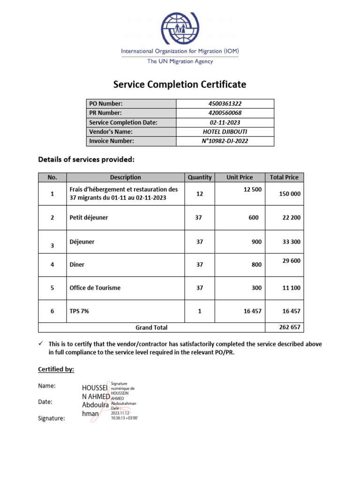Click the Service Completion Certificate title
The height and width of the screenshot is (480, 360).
[x=180, y=84]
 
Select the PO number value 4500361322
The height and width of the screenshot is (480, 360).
[x=225, y=104]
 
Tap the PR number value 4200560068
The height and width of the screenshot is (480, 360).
[x=225, y=113]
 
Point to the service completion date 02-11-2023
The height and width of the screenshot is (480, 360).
[x=225, y=122]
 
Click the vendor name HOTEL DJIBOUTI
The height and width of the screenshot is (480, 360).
[x=225, y=132]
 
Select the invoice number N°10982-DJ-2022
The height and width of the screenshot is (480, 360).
[x=225, y=141]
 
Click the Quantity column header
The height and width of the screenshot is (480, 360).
[x=200, y=177]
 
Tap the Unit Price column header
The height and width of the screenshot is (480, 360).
[x=240, y=177]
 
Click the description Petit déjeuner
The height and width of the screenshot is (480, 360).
[x=89, y=217]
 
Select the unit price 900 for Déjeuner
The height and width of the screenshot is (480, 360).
[x=256, y=242]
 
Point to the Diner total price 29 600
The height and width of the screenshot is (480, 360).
[x=291, y=261]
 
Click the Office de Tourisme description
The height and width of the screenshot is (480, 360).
[x=95, y=288]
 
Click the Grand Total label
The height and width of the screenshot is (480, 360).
[x=151, y=328]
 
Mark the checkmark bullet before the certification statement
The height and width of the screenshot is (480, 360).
[x=40, y=344]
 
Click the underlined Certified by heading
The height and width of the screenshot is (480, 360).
[x=56, y=369]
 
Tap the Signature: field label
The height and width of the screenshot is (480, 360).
[x=52, y=419]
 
